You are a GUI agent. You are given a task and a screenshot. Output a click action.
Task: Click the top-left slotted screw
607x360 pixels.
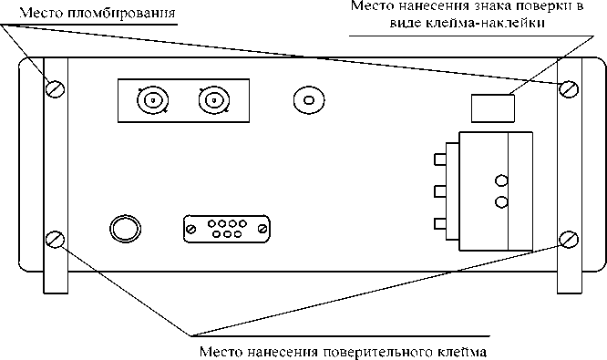pos(56,88)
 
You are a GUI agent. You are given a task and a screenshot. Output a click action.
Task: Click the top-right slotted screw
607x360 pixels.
pos(570,88)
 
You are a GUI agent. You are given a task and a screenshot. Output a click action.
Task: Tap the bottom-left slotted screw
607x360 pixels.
pos(56,240)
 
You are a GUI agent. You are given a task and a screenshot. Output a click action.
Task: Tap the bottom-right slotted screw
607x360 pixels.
pos(570,240)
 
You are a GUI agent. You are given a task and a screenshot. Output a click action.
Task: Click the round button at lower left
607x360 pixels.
pos(123,226)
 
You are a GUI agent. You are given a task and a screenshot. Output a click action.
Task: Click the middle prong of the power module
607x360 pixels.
pos(441,192)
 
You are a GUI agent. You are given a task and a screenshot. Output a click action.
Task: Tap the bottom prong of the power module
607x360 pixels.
pos(441,223)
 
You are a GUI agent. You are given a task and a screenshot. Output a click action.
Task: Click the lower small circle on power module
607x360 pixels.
pos(499,201)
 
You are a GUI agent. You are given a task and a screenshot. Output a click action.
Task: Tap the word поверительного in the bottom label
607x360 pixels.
pos(384,350)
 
